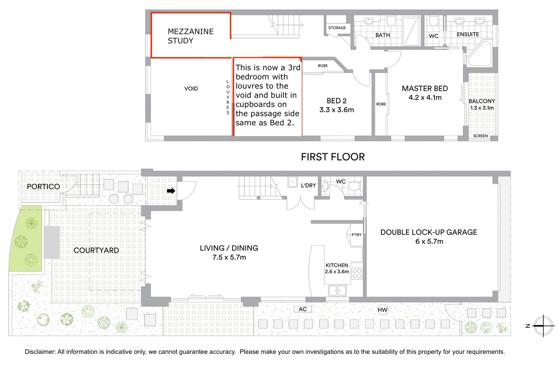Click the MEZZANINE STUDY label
click(x=190, y=36)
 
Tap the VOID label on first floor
click(x=191, y=89)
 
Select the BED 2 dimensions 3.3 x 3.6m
click(x=337, y=110)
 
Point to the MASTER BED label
click(x=425, y=88)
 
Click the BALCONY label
click(x=482, y=101)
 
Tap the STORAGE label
click(x=337, y=28)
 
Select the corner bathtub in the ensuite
click(x=480, y=54)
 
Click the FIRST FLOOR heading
click(x=333, y=157)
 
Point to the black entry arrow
click(x=171, y=191)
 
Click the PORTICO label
click(x=44, y=186)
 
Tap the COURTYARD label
click(x=96, y=250)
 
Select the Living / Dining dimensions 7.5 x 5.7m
click(x=229, y=257)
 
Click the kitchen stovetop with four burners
click(x=357, y=273)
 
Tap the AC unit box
click(x=303, y=309)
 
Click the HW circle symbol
click(x=383, y=310)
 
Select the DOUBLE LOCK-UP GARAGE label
click(x=429, y=232)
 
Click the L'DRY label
click(x=309, y=185)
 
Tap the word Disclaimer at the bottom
click(x=40, y=352)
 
